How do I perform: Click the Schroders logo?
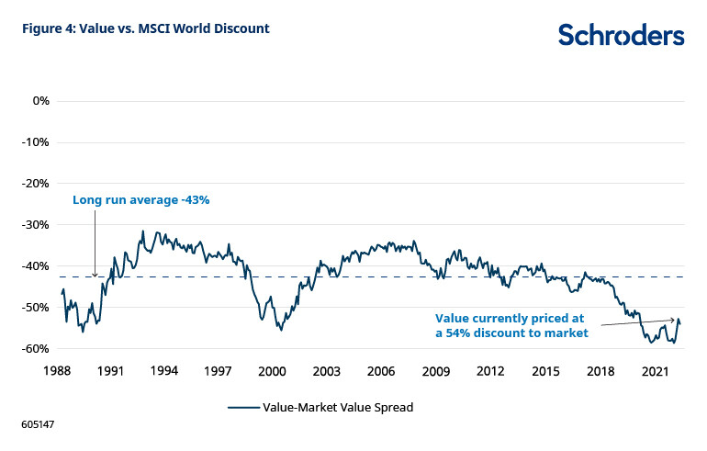[x=621, y=35]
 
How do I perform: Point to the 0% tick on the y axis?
[x=40, y=100]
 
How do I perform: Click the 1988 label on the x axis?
[x=56, y=371]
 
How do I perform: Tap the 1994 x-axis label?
[x=164, y=371]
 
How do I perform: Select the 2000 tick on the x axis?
[x=273, y=371]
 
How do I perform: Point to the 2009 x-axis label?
[x=436, y=371]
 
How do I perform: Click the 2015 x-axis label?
[x=545, y=371]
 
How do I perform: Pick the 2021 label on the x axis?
[x=655, y=371]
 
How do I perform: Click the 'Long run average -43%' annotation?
[x=141, y=199]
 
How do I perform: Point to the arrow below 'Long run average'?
[x=95, y=243]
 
